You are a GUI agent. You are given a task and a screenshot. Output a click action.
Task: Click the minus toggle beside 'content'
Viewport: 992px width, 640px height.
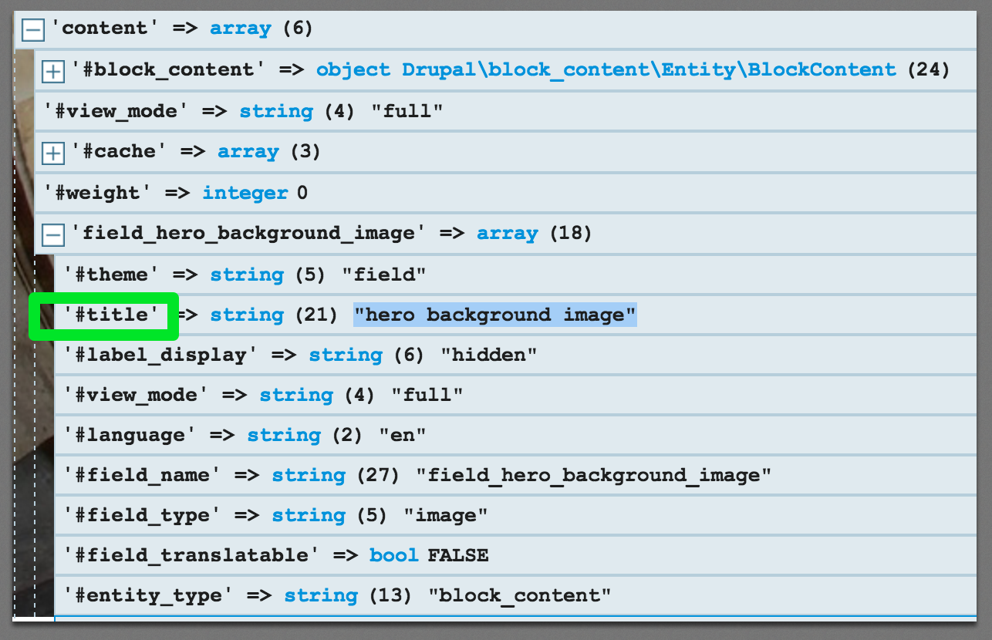pos(33,30)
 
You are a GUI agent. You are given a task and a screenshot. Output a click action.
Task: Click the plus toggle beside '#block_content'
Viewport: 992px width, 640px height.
pos(52,72)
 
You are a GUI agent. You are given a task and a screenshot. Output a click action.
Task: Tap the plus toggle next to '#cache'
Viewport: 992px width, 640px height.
pos(52,153)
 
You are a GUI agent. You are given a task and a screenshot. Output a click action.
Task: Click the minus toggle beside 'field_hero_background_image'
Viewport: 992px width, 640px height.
pos(52,234)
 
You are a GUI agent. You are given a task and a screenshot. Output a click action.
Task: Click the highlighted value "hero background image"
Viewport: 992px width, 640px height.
pos(494,315)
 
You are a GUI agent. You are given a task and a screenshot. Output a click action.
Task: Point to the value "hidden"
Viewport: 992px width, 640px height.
pos(488,355)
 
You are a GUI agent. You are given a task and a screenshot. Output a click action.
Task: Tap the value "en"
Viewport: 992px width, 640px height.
pos(401,436)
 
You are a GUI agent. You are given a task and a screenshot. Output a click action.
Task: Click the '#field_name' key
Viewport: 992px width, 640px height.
pos(143,476)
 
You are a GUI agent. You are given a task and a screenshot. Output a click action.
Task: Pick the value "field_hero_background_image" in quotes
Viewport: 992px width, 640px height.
pos(593,476)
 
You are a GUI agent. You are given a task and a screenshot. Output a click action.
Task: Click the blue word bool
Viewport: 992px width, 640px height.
pos(393,556)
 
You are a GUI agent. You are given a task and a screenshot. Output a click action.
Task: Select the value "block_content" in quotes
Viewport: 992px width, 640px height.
pos(519,596)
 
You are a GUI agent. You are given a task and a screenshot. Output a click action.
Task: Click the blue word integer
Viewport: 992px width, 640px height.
pos(245,193)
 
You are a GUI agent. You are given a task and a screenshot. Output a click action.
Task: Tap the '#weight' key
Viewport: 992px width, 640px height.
pos(93,193)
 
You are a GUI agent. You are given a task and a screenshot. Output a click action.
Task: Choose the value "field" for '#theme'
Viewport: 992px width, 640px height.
pos(383,275)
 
